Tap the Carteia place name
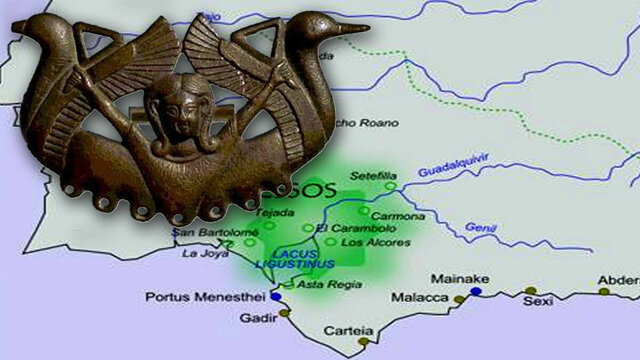[347, 331]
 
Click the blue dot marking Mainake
[476, 291]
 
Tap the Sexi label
[540, 300]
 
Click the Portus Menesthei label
[191, 297]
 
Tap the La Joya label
[201, 253]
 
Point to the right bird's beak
[354, 29]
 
